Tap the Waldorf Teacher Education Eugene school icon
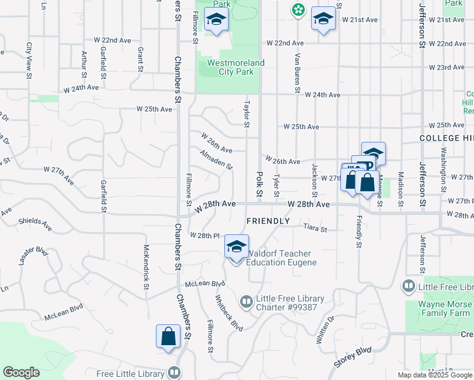click(236, 247)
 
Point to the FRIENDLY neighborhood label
click(267, 221)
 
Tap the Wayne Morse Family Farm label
click(445, 308)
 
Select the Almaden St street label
click(216, 158)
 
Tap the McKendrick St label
click(146, 268)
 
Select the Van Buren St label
click(296, 71)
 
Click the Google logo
click(21, 372)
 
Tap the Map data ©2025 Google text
click(435, 375)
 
